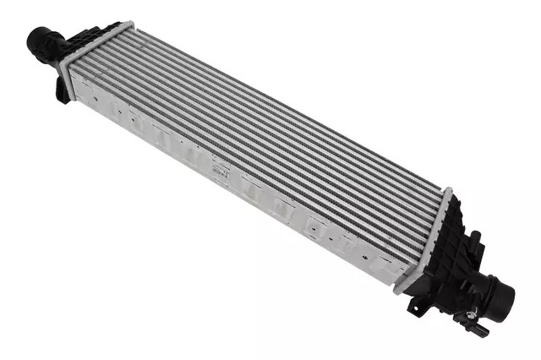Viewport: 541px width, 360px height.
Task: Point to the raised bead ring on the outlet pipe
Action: click(x=491, y=292)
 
